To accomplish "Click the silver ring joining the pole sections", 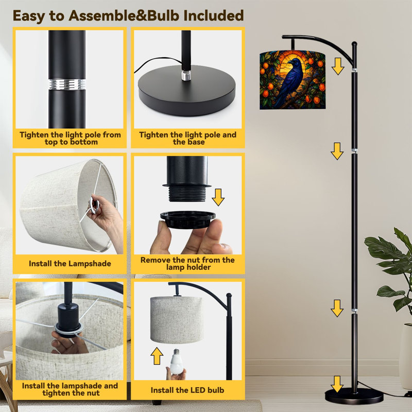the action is click(67, 84).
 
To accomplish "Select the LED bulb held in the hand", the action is click(176, 361).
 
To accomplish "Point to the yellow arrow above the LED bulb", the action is click(157, 356).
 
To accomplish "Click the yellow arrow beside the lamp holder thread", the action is click(218, 197).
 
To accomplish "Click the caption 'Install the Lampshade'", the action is click(70, 264).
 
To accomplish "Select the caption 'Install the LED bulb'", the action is click(187, 390).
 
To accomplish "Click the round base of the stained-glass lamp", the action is click(354, 396).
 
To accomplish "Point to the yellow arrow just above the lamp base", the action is click(337, 384).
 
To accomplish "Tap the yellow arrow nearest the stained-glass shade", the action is click(338, 66).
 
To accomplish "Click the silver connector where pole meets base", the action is click(186, 75).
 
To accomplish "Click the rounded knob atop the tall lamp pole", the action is click(354, 44).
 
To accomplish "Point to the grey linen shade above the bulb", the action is click(177, 320).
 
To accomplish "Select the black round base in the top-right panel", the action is click(187, 90).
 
